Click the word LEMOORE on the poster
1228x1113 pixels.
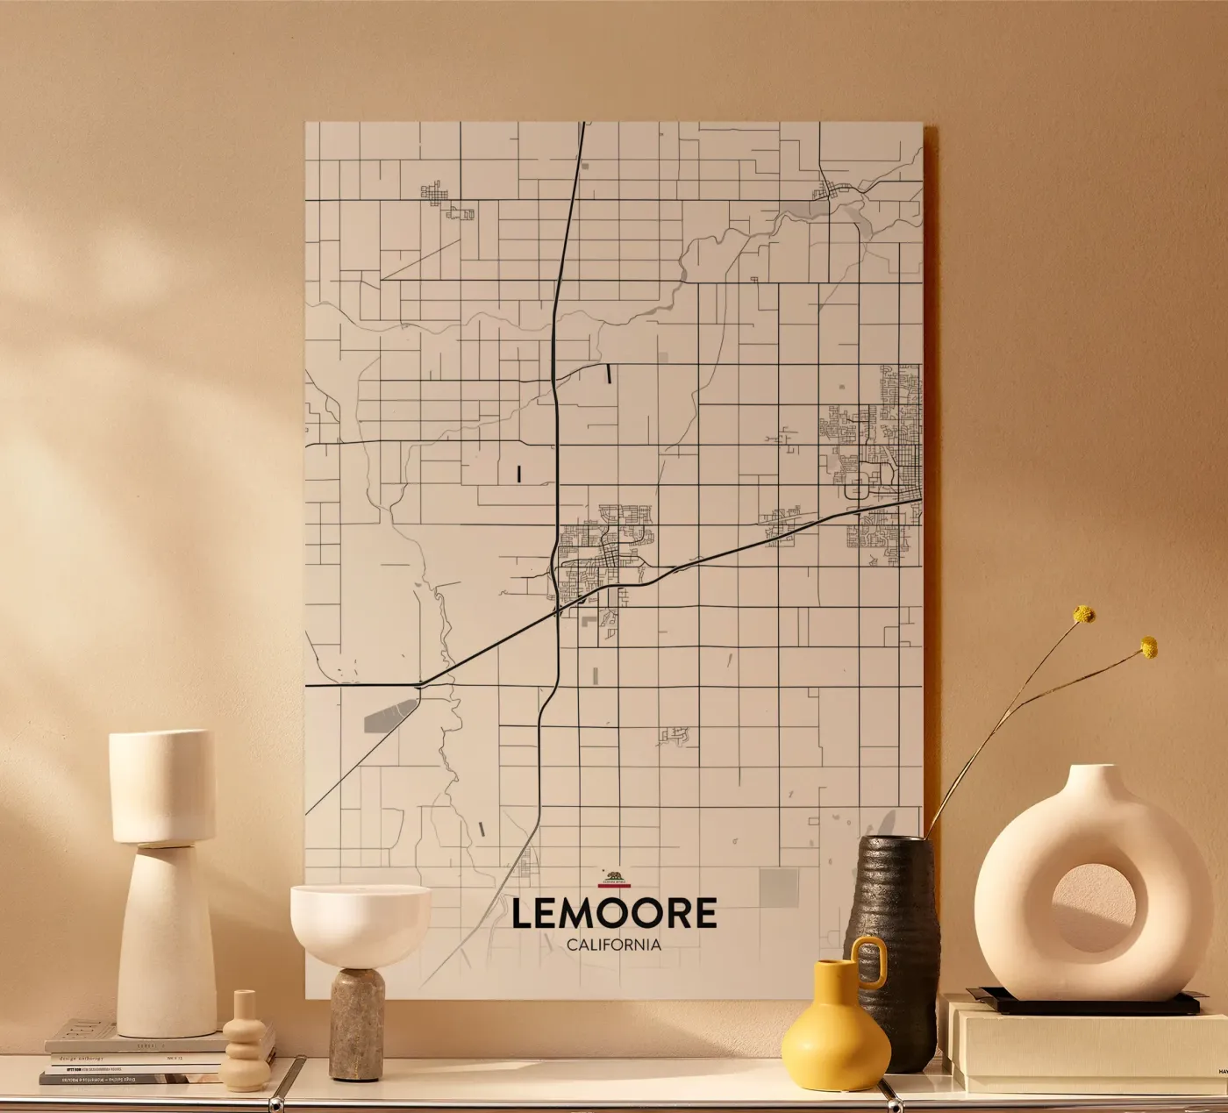[x=613, y=913]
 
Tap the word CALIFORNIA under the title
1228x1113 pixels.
[x=613, y=945]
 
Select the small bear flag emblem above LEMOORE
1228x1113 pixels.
[x=613, y=877]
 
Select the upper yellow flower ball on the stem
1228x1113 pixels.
[x=1085, y=614]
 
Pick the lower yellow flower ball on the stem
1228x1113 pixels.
[x=1148, y=648]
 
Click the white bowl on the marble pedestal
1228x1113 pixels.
[x=361, y=916]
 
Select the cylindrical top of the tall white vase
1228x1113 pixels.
[x=162, y=786]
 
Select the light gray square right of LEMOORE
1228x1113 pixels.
[x=775, y=884]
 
